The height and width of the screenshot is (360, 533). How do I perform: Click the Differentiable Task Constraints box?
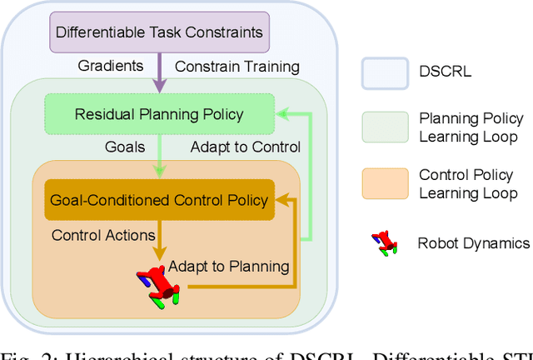(159, 33)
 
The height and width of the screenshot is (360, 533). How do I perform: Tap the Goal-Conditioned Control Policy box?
(158, 199)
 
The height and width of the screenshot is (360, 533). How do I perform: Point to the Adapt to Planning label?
(228, 267)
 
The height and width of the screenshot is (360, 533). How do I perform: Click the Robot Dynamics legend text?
(473, 243)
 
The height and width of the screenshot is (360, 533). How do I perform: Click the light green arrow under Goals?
(158, 165)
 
